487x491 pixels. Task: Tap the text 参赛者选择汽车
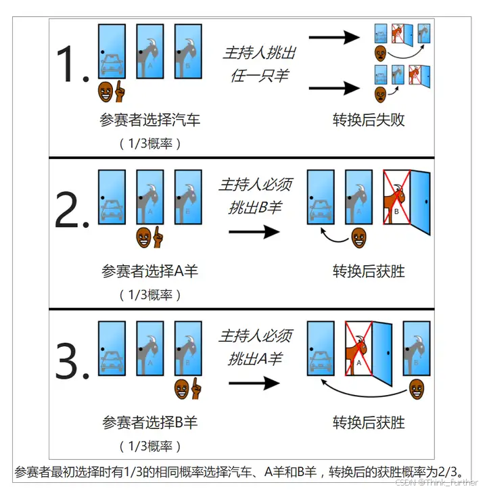coord(150,120)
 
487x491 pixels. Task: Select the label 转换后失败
coord(369,120)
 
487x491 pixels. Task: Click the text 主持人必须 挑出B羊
coord(255,196)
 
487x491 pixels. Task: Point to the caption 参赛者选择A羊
coord(150,271)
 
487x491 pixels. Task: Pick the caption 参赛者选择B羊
coord(150,423)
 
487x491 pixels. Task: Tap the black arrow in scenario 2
coord(254,232)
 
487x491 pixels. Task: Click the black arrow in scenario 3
coord(254,383)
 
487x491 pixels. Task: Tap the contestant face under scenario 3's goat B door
coord(181,388)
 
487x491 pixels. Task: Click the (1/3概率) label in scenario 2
coord(150,295)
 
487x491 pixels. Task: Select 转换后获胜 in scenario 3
coord(369,423)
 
